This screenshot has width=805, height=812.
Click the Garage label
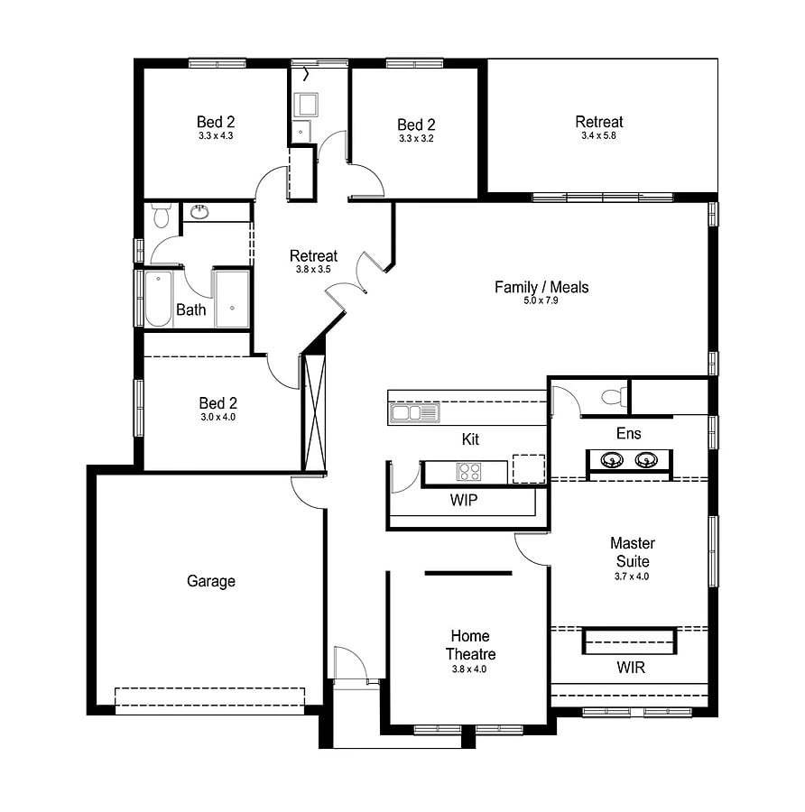211,581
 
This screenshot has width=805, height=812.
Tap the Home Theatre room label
470,645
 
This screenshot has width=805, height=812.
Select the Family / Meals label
541,287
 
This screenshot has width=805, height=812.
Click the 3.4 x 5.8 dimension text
599,135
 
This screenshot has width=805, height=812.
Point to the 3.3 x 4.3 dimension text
216,135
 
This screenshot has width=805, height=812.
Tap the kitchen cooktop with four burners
468,472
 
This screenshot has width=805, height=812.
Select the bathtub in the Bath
158,299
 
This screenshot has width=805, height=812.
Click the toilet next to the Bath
162,216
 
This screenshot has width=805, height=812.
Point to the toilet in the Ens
614,397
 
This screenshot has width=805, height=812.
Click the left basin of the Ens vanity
612,459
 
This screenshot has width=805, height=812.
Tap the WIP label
464,500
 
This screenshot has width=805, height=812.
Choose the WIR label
631,668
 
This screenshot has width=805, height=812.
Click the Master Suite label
633,552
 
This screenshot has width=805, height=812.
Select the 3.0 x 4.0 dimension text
218,417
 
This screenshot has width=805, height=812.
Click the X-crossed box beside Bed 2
314,411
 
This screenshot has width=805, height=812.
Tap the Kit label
470,439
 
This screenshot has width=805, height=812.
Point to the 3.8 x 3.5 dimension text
313,269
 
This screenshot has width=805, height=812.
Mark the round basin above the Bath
199,211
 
